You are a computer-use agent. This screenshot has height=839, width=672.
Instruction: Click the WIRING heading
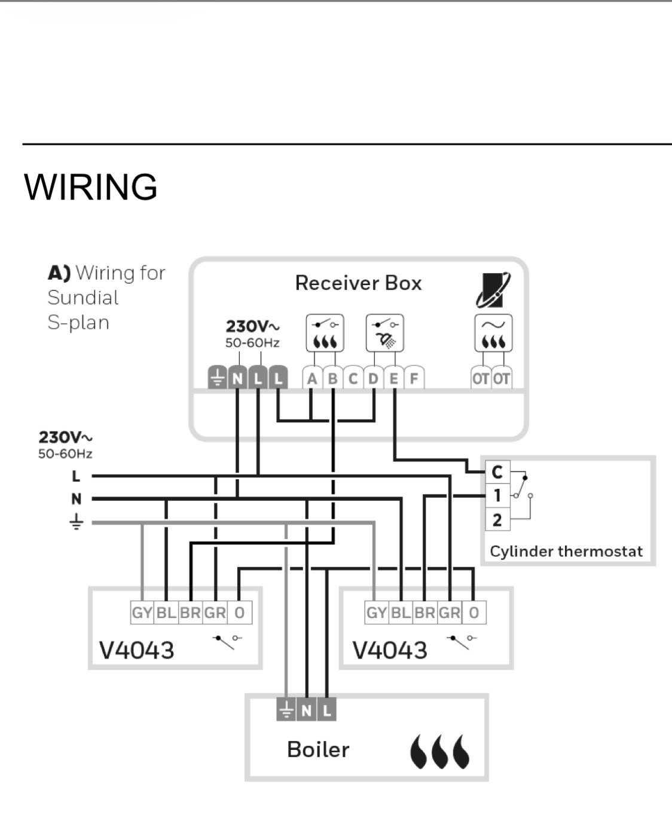tap(91, 186)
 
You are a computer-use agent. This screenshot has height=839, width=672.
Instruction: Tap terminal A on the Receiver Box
tap(311, 378)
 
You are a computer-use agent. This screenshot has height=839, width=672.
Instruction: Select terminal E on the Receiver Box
tap(393, 378)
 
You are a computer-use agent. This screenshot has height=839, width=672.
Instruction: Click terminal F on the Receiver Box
tap(414, 378)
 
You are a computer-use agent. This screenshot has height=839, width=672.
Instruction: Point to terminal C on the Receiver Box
tap(353, 378)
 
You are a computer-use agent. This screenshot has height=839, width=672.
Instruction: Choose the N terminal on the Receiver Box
tap(237, 378)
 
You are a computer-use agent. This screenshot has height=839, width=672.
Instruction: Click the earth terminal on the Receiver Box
tap(218, 378)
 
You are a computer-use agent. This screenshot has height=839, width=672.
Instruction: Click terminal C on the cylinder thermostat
tap(497, 472)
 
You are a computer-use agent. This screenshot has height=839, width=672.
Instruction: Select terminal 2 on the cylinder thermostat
tap(497, 519)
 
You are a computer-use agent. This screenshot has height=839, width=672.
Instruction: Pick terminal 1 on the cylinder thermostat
tap(497, 495)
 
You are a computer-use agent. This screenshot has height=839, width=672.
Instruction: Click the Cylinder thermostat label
tap(566, 551)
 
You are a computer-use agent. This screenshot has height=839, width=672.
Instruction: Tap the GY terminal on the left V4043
tap(142, 613)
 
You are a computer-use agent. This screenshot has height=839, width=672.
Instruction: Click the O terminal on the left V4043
tap(240, 613)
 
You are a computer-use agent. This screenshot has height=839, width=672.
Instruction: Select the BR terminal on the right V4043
tap(424, 613)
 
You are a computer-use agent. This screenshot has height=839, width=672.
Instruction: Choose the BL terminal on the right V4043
tap(401, 613)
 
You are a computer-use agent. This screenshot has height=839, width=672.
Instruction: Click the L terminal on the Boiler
tap(326, 711)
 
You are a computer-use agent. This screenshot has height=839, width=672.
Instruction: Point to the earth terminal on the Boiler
tap(286, 711)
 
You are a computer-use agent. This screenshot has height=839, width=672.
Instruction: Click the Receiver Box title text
tap(358, 283)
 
